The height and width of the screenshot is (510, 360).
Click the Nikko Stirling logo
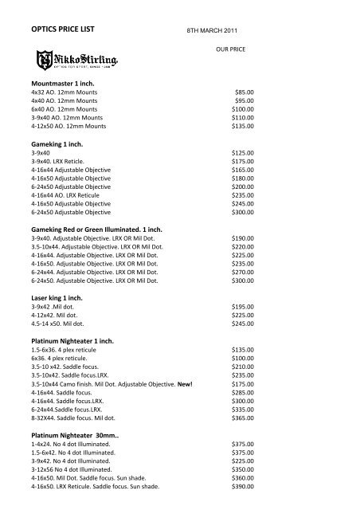[x=86, y=59]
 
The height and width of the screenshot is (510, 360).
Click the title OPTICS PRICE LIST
[x=61, y=29]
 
